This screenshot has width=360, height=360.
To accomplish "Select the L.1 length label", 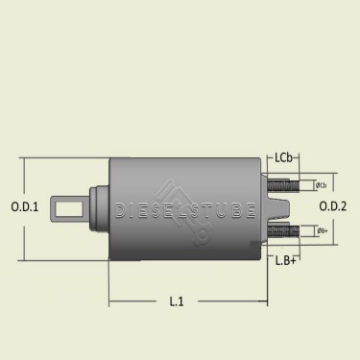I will (x=177, y=301).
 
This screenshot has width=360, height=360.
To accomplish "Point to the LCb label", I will (x=284, y=156).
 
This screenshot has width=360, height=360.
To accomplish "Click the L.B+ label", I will (x=285, y=260).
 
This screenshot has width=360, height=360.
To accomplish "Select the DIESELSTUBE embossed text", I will (x=184, y=208).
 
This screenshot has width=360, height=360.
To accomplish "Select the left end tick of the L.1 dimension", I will (x=108, y=303).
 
